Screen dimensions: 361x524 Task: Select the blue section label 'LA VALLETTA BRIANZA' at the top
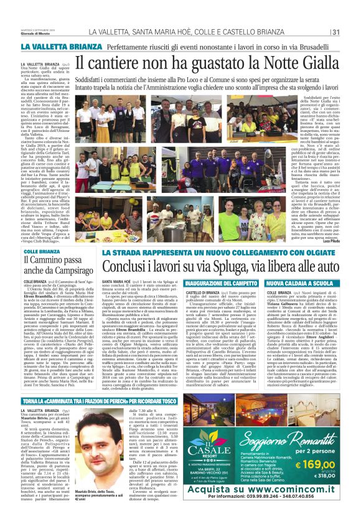[x=53, y=47]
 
